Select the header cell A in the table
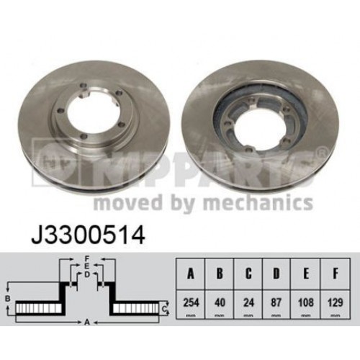click(190, 274)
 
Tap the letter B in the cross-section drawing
click(7, 297)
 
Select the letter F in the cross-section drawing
click(86, 258)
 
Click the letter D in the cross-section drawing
click(86, 274)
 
